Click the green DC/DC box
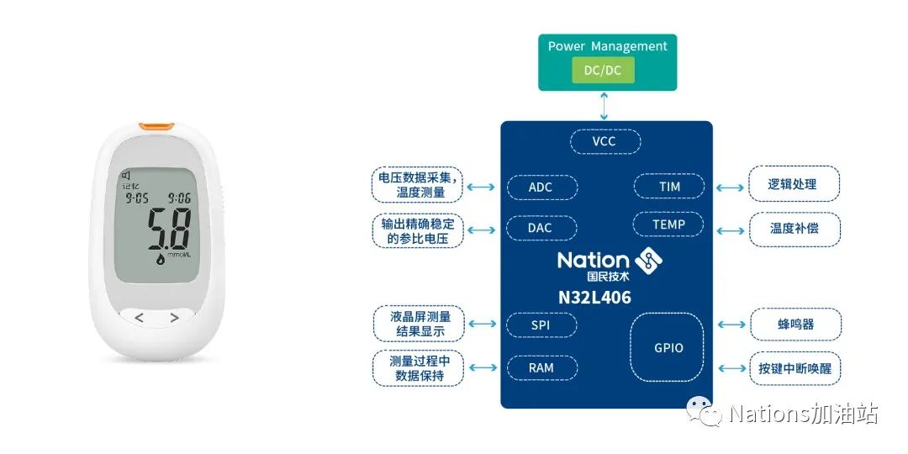[x=603, y=71]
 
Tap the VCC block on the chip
[x=604, y=141]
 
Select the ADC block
[x=541, y=187]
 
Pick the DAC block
[x=541, y=228]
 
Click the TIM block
[x=669, y=186]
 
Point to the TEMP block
[x=668, y=224]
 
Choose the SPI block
[x=541, y=324]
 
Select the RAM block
[x=541, y=367]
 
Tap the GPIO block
[x=668, y=347]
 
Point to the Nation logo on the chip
[x=605, y=264]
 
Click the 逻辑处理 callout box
[x=794, y=184]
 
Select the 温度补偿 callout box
[x=794, y=228]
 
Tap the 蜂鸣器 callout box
[x=794, y=324]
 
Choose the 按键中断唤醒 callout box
[x=794, y=367]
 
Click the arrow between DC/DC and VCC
[x=604, y=106]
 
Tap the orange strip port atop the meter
[x=156, y=126]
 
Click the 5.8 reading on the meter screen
[x=169, y=230]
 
